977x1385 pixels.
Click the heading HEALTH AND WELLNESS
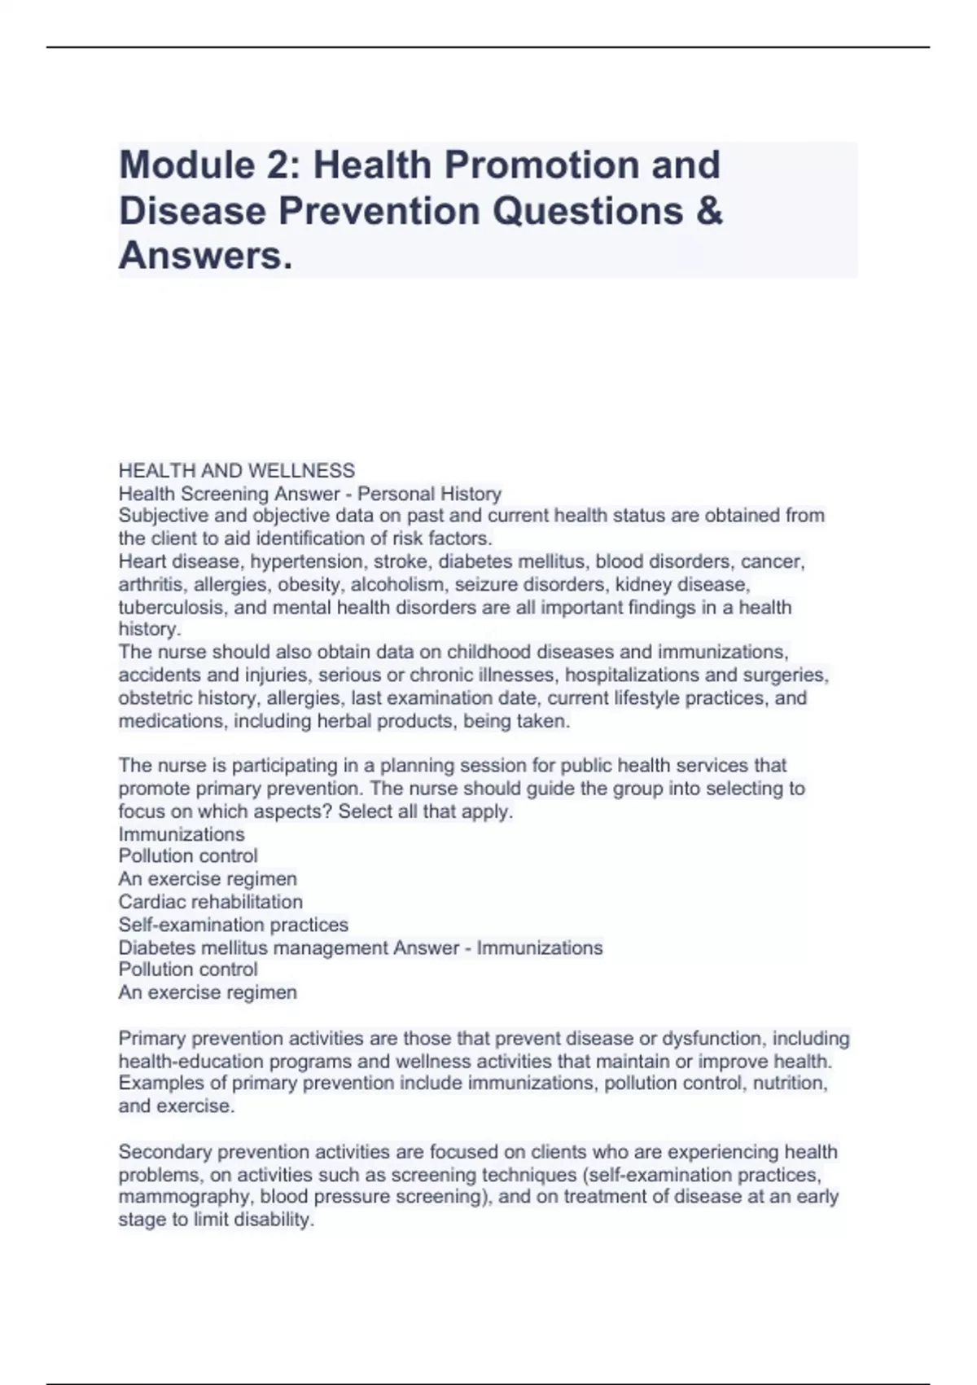236,471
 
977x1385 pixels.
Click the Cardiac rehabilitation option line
210,902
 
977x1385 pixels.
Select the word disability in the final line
273,1220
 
